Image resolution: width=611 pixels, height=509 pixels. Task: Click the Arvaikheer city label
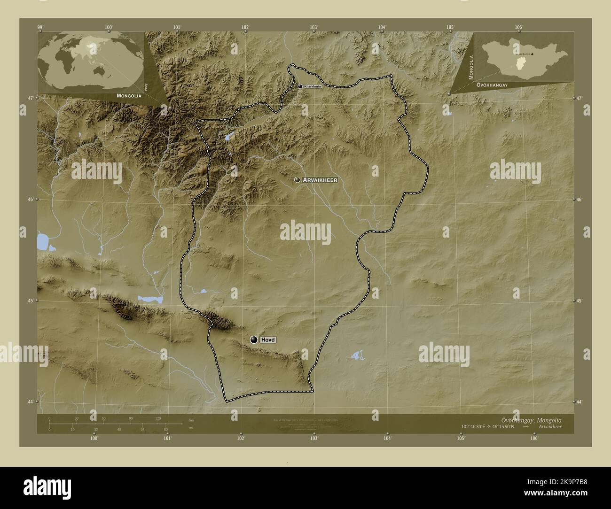tap(320, 180)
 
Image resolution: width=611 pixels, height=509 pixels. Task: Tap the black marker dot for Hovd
tap(254, 340)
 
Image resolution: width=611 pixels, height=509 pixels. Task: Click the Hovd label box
tap(268, 340)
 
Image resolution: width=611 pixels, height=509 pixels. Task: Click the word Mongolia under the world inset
tap(126, 95)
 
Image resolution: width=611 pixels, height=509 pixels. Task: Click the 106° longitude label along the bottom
tap(534, 438)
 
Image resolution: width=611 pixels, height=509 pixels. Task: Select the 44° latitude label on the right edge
tap(579, 402)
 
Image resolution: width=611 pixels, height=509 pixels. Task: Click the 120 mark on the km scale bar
tap(157, 418)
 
